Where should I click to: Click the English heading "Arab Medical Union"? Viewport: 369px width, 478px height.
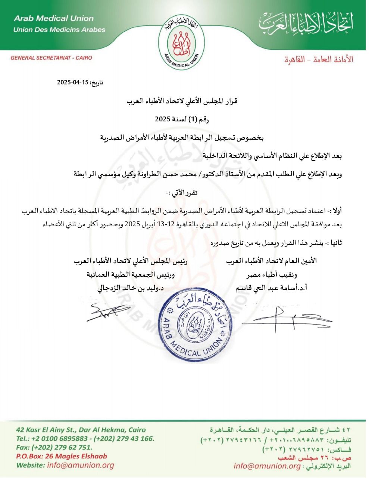coord(53,18)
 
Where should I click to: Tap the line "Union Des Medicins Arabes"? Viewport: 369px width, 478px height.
coord(59,30)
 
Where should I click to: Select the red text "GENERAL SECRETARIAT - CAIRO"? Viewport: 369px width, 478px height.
coord(51,58)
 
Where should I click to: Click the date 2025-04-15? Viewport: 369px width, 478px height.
coord(72,83)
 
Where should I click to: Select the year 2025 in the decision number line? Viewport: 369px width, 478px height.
coord(163,119)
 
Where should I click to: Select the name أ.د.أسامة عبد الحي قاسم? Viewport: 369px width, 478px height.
coord(272,288)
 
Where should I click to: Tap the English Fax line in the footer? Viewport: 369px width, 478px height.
coord(54,447)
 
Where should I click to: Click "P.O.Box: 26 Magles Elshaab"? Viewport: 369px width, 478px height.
coord(61,456)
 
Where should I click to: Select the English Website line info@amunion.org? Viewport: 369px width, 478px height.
coord(65,465)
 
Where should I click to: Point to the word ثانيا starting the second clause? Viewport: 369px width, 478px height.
coord(335,243)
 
